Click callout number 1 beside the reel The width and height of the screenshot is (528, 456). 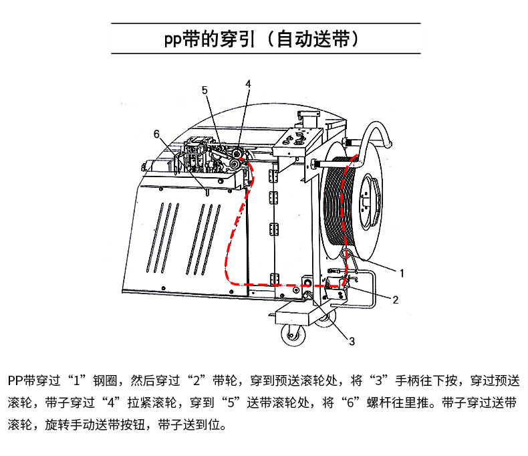click(x=402, y=273)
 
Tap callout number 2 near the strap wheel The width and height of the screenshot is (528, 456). click(x=395, y=300)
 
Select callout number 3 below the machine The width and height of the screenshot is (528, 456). click(x=352, y=342)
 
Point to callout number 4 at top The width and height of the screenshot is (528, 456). click(x=248, y=84)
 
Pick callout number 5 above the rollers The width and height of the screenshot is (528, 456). click(x=205, y=90)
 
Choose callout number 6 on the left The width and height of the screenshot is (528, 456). click(x=156, y=134)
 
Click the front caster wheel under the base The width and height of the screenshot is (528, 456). click(x=293, y=335)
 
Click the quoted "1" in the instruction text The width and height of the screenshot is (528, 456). click(x=77, y=380)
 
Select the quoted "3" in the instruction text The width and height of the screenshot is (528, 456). click(x=378, y=380)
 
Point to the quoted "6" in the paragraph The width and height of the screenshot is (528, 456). click(x=350, y=403)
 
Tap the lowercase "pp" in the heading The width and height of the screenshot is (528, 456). click(x=172, y=40)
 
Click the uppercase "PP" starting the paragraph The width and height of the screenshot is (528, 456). click(x=16, y=380)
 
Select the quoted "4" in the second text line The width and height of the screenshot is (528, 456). click(x=112, y=403)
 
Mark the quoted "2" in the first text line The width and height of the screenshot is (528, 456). click(x=197, y=380)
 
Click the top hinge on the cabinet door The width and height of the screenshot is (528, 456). click(x=273, y=176)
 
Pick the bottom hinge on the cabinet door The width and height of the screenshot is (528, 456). click(x=274, y=279)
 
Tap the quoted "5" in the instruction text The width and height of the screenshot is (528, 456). click(x=231, y=403)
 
